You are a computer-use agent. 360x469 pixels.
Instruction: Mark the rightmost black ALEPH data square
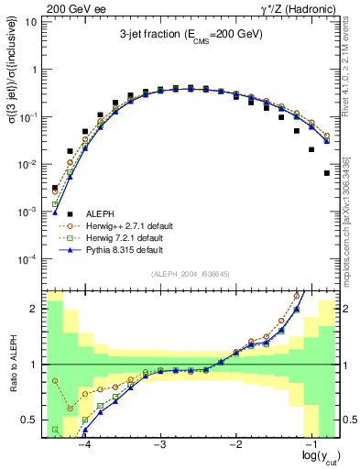tap(327, 172)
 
